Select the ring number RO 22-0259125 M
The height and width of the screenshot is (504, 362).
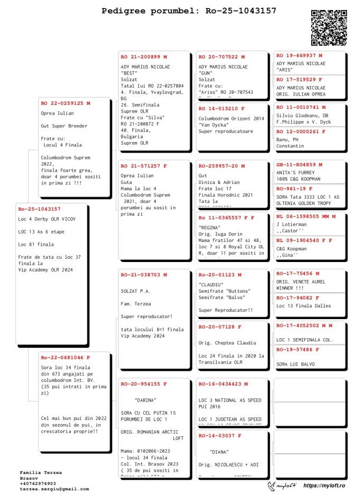pyautogui.click(x=65, y=104)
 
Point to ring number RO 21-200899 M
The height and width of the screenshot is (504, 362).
pyautogui.click(x=144, y=57)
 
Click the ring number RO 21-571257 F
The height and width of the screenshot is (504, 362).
pyautogui.click(x=144, y=166)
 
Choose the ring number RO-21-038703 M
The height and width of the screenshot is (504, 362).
pyautogui.click(x=144, y=275)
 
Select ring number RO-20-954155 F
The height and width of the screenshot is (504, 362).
pyautogui.click(x=144, y=384)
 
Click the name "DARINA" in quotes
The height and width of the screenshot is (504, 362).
pyautogui.click(x=146, y=400)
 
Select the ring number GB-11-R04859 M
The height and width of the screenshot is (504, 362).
pyautogui.click(x=299, y=165)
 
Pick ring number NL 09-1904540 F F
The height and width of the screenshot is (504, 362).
pyautogui.click(x=304, y=240)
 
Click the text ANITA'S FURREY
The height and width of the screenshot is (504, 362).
pyautogui.click(x=295, y=173)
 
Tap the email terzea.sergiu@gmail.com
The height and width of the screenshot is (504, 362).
pyautogui.click(x=54, y=489)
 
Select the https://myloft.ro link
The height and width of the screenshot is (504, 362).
pyautogui.click(x=327, y=485)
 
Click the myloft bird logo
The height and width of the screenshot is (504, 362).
pyautogui.click(x=274, y=486)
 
